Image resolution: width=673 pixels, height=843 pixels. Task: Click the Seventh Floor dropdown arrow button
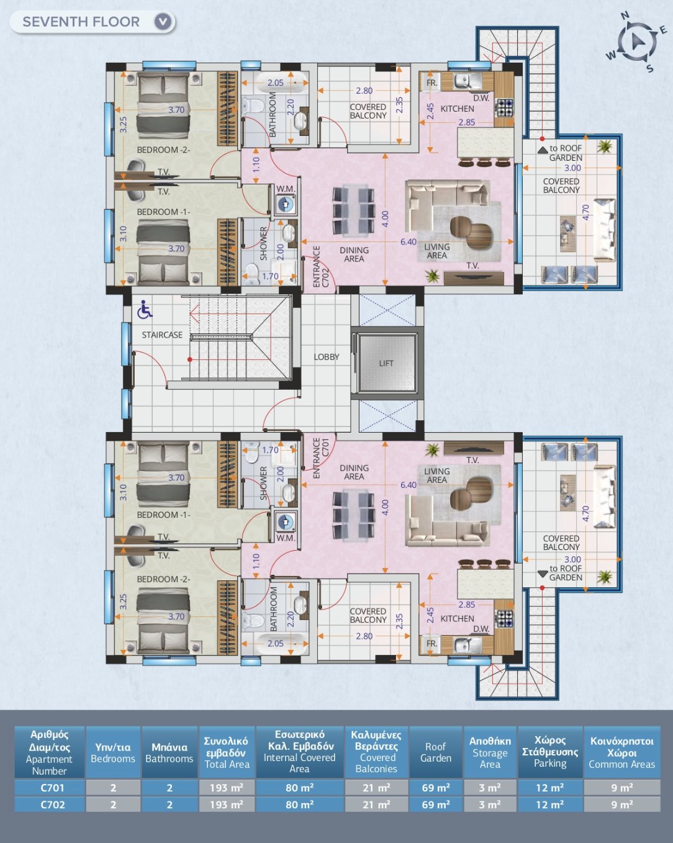click(163, 22)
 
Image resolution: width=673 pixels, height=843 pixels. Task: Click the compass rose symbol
click(637, 42)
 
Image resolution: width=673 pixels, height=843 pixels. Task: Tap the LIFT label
click(386, 364)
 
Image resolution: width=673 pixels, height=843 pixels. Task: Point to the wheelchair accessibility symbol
click(145, 309)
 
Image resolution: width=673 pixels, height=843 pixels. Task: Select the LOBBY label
click(327, 357)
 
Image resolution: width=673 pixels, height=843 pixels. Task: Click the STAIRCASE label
click(162, 335)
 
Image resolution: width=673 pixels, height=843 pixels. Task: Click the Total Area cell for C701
click(227, 787)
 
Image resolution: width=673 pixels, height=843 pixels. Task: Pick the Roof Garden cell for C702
click(436, 805)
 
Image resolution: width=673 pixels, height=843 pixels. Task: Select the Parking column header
click(550, 752)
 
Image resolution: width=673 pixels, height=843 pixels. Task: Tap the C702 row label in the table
click(50, 805)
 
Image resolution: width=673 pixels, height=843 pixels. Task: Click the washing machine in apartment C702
click(285, 204)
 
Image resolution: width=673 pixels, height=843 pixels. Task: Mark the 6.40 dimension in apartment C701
click(408, 485)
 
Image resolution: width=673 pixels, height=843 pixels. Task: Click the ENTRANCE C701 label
click(321, 458)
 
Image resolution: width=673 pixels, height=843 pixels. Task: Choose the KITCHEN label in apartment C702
click(457, 109)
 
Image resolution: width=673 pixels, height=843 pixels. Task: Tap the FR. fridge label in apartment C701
click(431, 643)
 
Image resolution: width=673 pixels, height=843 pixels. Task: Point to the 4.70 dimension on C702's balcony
click(585, 212)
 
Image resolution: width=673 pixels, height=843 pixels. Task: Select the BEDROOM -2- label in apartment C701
click(163, 579)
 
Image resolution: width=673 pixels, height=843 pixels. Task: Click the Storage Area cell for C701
click(490, 787)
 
